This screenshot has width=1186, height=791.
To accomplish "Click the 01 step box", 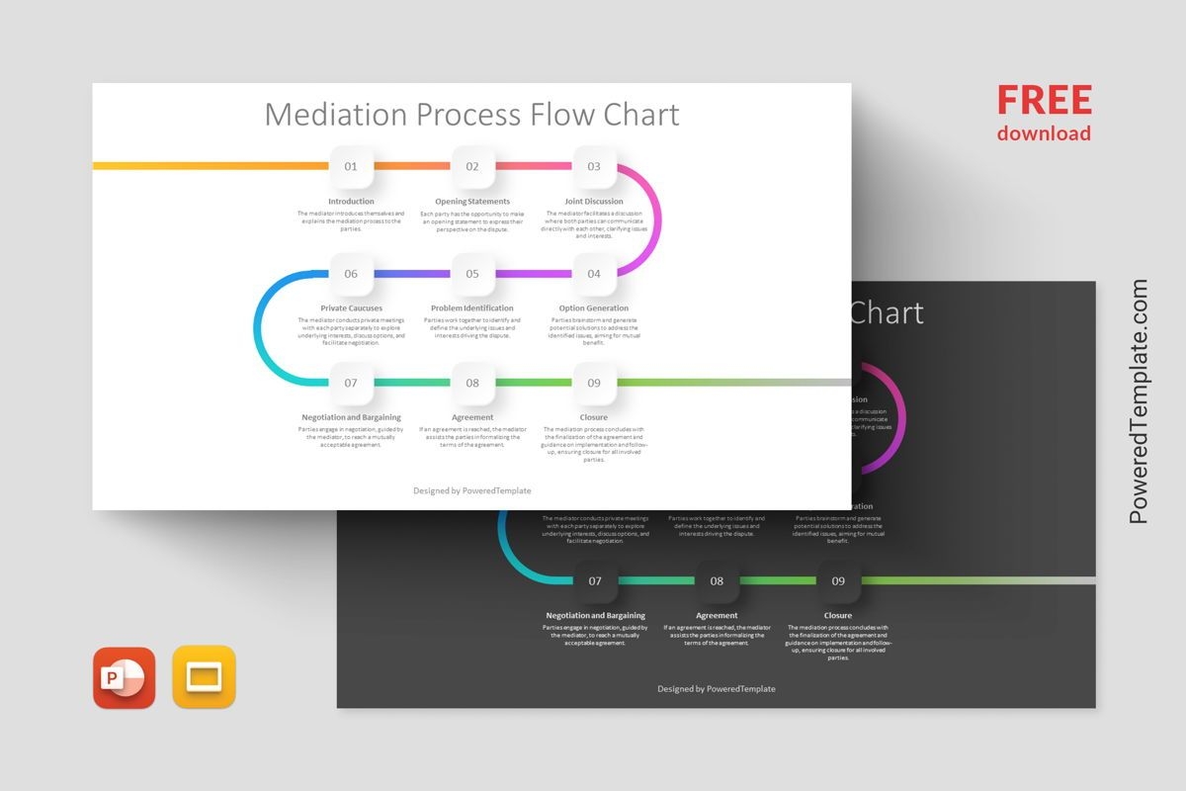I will tap(351, 166).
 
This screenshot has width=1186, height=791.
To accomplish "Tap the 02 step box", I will tap(472, 166).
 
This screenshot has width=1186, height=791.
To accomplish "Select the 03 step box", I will tap(594, 166).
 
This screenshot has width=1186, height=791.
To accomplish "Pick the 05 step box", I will tap(472, 274).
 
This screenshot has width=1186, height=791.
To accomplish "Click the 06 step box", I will tap(351, 274).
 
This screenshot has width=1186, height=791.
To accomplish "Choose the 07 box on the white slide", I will tap(351, 383).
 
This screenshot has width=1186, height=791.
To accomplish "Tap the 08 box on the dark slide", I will tap(717, 581).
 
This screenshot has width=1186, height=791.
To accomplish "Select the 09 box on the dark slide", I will tap(838, 581).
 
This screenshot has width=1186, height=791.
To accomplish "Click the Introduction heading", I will tap(351, 202).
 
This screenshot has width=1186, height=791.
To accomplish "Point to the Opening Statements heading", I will tap(472, 202).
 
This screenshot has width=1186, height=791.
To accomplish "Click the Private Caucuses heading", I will tap(351, 308).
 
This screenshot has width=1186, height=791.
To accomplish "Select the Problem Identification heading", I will tap(472, 308).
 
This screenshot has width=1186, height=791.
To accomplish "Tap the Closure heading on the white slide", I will tap(594, 417).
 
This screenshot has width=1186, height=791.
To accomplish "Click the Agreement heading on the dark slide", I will tap(717, 616).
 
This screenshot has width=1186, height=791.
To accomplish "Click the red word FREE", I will tap(1044, 101).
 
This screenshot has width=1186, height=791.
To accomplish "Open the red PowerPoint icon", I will tap(125, 678).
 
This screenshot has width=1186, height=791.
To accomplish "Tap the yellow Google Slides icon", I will tap(205, 678).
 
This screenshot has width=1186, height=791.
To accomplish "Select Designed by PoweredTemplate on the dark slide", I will tap(717, 689).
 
